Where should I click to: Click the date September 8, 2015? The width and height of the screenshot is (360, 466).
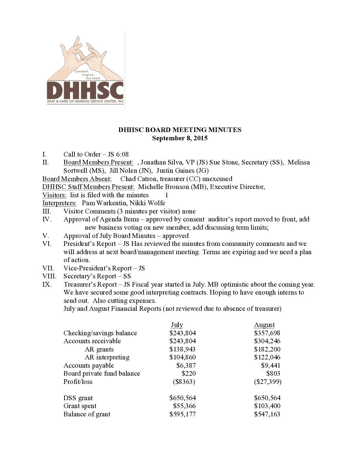click(180, 138)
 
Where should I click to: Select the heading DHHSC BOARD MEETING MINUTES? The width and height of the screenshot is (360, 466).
click(180, 130)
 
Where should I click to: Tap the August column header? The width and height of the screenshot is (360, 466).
click(264, 325)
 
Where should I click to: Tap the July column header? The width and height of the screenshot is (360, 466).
click(177, 325)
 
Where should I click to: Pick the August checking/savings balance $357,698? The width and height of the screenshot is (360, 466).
click(267, 333)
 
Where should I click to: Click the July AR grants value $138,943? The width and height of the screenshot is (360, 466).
click(182, 349)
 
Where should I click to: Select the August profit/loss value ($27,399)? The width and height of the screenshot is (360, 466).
click(268, 382)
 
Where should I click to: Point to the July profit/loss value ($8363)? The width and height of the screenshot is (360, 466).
click(184, 382)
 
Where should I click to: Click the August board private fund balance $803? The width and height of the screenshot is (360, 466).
click(273, 374)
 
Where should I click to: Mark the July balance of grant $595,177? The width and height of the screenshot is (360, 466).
click(182, 414)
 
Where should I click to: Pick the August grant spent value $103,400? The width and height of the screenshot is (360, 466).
click(267, 406)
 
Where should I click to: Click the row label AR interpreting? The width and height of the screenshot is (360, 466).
click(107, 357)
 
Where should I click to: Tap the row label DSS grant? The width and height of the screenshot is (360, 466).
click(78, 398)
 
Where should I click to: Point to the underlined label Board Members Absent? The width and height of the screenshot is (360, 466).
click(77, 179)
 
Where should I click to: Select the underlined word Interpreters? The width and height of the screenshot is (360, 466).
click(60, 203)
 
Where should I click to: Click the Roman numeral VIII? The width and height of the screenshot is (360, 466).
click(49, 276)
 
